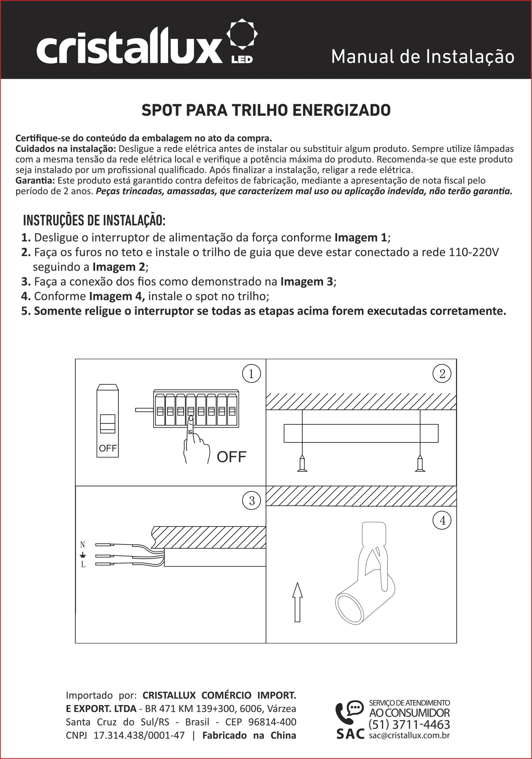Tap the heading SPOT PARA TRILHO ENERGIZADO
pos(266,111)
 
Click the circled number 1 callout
pos(251,374)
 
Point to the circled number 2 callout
pos(442,374)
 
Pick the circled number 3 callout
pos(252,501)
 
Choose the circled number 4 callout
pos(442,521)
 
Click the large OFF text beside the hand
pos(231,457)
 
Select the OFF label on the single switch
pos(108,449)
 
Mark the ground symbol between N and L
pos(83,555)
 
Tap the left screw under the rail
pos(302,463)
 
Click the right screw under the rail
pos(420,463)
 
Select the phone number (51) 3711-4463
pos(409,725)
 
